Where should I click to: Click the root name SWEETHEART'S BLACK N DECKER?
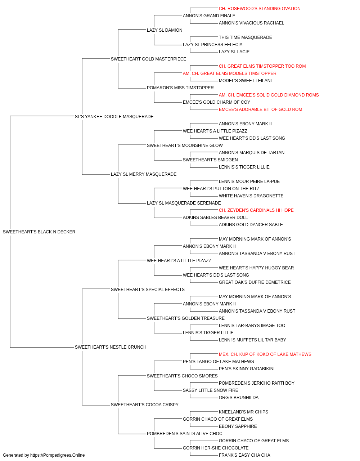[x=39, y=232]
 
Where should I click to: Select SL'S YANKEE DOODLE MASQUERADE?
[x=114, y=117]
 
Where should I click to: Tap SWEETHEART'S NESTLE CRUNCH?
[x=111, y=347]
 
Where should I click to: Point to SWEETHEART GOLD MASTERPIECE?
[x=148, y=59]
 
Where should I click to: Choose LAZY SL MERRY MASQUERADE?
[x=144, y=174]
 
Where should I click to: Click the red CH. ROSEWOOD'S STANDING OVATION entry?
[x=260, y=9]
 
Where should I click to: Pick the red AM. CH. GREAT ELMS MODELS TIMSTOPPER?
[x=229, y=73]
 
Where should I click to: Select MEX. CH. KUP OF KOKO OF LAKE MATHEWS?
[x=265, y=354]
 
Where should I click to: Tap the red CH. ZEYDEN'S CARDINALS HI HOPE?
[x=256, y=210]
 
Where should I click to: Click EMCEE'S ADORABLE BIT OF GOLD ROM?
[x=260, y=109]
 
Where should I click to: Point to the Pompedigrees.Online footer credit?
[x=44, y=455]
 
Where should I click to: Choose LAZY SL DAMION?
[x=165, y=30]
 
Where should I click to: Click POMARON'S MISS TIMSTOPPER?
[x=180, y=88]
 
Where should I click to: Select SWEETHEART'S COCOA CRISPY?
[x=145, y=404]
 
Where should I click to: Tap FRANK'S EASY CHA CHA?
[x=244, y=455]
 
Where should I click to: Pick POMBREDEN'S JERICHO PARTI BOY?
[x=257, y=383]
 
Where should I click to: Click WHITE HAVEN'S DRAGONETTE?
[x=251, y=196]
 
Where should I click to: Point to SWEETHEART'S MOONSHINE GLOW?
[x=185, y=146]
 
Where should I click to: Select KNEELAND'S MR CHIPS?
[x=243, y=412]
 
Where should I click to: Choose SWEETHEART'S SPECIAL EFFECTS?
[x=148, y=289]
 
